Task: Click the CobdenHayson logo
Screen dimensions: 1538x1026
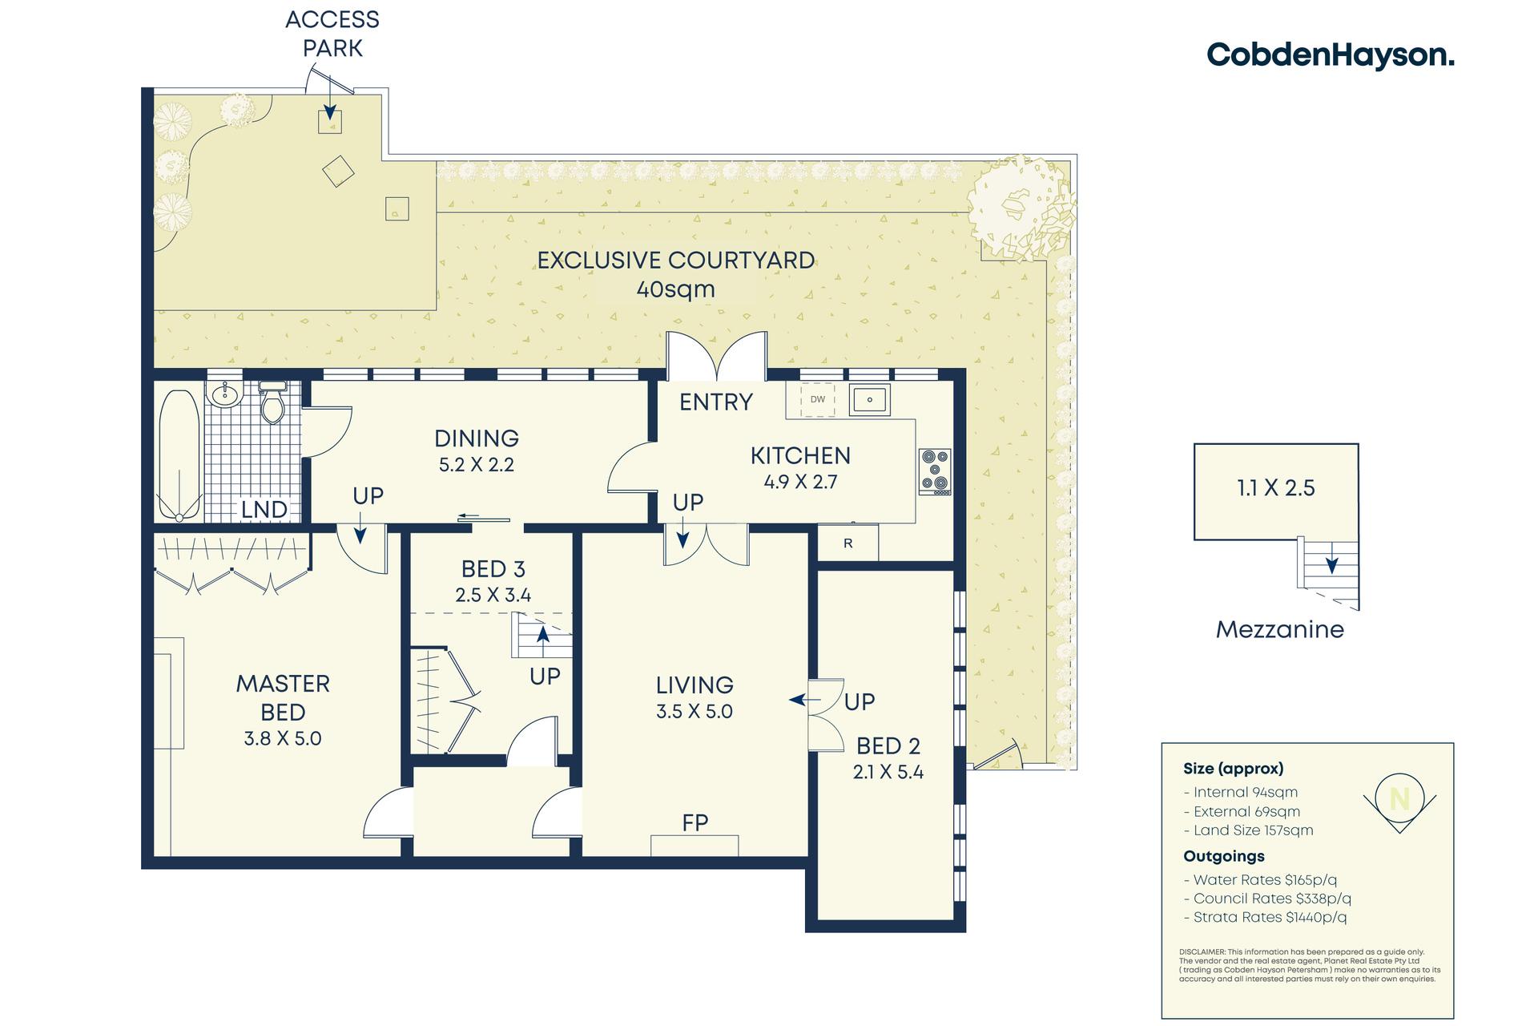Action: [x=1331, y=55]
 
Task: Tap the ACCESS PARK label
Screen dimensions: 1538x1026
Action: [x=332, y=34]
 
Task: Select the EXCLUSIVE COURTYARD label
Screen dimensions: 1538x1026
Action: [x=675, y=261]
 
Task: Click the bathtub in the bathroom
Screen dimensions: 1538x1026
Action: [x=179, y=454]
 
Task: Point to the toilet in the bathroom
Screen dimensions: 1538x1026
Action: [x=272, y=403]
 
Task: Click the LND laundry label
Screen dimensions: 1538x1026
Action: [x=264, y=509]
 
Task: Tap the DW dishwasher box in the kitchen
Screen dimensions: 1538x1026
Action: [x=818, y=399]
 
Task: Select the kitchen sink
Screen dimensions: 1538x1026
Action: [x=869, y=398]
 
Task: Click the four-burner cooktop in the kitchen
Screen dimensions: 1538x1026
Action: [x=935, y=471]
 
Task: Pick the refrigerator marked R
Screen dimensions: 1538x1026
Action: [x=848, y=543]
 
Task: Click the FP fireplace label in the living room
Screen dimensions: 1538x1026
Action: [x=695, y=822]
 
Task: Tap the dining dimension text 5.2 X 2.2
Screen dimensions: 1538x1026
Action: [x=477, y=465]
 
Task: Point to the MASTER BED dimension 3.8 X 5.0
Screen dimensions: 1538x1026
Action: [x=283, y=738]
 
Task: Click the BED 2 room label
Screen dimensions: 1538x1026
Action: [x=888, y=746]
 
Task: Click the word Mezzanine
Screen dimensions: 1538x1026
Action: [x=1280, y=629]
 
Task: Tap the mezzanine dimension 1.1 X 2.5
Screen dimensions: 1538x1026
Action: [x=1276, y=488]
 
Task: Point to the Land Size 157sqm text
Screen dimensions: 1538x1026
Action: [x=1249, y=830]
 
